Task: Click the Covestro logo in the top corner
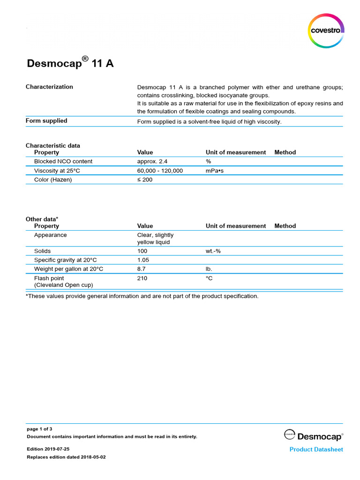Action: coord(326,31)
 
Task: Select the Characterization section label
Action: coord(49,87)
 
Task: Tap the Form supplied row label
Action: coord(46,121)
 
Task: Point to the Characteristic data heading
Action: coord(52,145)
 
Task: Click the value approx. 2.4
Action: coord(152,161)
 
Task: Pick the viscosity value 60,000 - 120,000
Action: coord(160,171)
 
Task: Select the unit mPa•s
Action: coord(215,171)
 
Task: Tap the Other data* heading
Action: coord(42,219)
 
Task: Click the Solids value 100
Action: coord(142,251)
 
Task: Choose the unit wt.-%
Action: coord(213,251)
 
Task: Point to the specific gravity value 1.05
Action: coord(143,260)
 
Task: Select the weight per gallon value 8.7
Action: coord(141,269)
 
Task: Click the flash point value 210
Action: coord(142,278)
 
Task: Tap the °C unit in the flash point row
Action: coord(209,278)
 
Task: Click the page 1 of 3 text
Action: coord(39,428)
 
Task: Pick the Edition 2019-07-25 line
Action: coord(48,449)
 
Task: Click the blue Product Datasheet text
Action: coord(316,450)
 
